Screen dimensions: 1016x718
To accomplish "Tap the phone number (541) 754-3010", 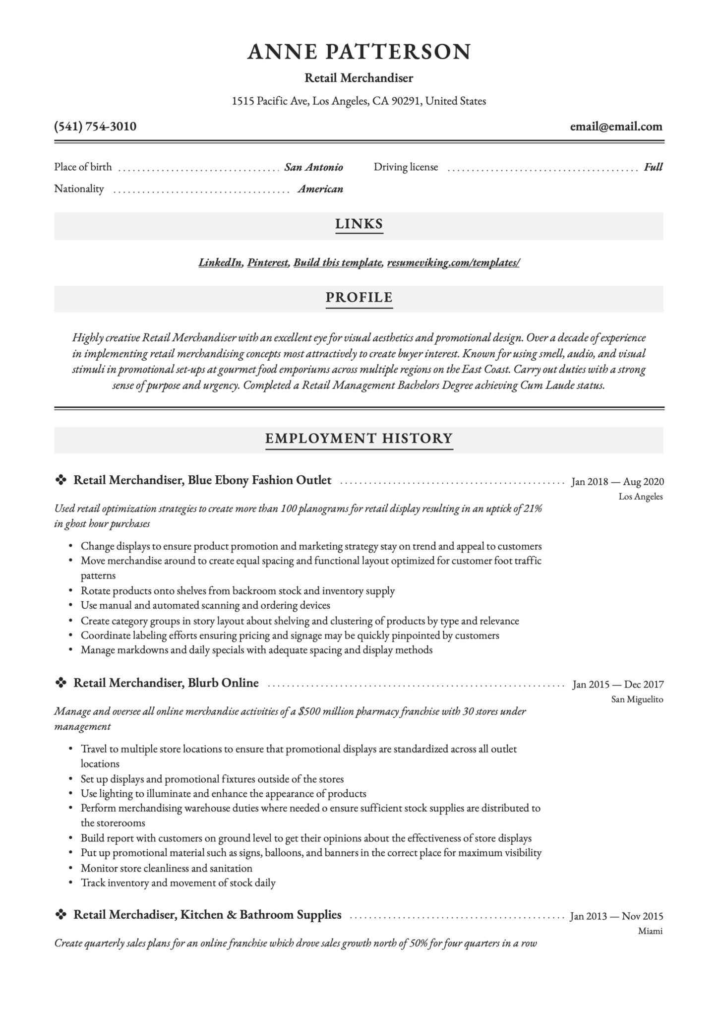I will coord(95,127).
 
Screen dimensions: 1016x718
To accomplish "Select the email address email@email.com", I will coord(616,127).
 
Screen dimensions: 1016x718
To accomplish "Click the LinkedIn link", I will coord(220,262).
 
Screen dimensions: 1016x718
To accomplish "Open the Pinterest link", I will coord(268,262).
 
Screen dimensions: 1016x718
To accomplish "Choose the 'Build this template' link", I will coord(338,262).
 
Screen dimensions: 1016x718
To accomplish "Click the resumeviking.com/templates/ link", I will coord(453,262).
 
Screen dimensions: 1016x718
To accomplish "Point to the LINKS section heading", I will coord(359,224).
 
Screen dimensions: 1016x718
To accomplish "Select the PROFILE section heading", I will coord(359,298).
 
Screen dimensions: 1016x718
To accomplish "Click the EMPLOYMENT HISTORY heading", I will coord(359,439).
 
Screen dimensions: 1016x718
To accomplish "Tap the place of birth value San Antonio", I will coord(314,167).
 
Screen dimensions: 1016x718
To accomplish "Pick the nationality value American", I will coord(320,189).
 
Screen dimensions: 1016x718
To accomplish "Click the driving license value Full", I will coord(653,167).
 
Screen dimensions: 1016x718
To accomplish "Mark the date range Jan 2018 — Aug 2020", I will coord(617,482).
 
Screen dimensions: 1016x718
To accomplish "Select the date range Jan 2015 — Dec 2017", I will coord(618,685).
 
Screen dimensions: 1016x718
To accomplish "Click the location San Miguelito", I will coord(637,699).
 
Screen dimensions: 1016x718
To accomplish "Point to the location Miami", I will coord(650,931).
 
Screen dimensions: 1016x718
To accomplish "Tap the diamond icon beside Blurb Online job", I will coord(60,684).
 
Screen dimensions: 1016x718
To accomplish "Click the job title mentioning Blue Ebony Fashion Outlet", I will coord(202,480).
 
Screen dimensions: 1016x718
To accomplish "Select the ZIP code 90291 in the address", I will coord(406,101).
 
